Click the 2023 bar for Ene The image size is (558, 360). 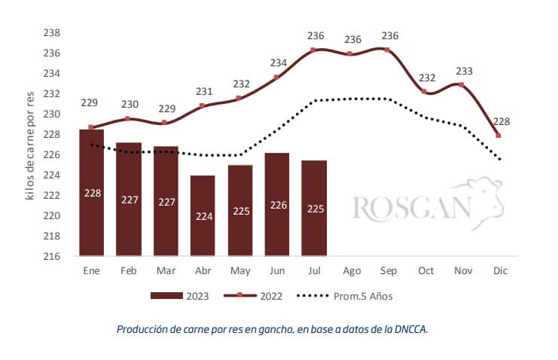point(91,193)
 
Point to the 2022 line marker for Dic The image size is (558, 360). point(499,136)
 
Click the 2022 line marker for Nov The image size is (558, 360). point(461,85)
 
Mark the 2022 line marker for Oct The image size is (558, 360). point(425,92)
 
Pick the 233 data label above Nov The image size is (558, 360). point(465,72)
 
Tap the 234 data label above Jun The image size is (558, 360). point(279,63)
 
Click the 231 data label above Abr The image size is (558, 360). point(204,92)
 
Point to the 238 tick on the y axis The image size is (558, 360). point(52,33)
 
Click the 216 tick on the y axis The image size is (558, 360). point(52,256)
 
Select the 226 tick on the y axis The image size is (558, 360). point(52,155)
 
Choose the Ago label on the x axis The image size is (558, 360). point(352,270)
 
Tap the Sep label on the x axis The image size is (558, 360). point(389,270)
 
